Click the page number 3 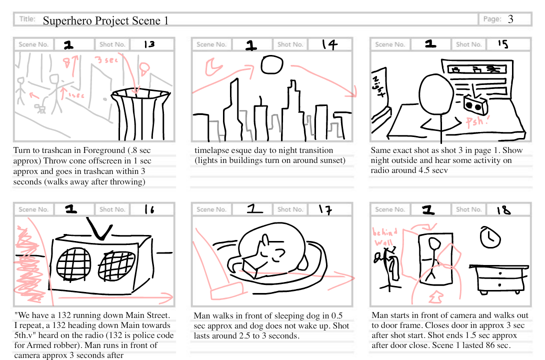coord(510,19)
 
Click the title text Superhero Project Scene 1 coord(105,20)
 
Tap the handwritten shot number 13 coord(149,44)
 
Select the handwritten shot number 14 coord(329,44)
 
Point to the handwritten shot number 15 coord(502,44)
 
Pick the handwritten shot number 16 coord(149,209)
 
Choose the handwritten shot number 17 coord(325,209)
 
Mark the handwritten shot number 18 coord(503,209)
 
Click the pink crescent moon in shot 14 coord(213,66)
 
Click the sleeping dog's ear coord(260,244)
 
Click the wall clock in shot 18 coord(490,238)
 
